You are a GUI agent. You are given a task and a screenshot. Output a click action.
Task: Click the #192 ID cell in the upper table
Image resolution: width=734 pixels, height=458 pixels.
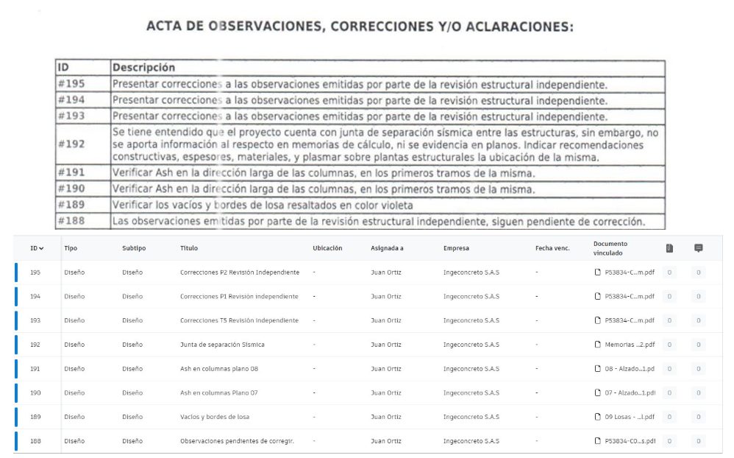(71, 144)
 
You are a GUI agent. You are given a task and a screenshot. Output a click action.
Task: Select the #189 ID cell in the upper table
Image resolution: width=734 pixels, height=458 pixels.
(71, 204)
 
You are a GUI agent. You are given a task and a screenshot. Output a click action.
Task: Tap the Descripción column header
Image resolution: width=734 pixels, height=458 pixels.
(143, 68)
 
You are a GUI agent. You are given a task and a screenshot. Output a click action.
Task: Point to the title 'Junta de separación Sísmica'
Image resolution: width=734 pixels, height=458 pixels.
(222, 345)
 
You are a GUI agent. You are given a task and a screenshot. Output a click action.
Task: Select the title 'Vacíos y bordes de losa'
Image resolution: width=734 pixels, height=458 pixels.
(215, 417)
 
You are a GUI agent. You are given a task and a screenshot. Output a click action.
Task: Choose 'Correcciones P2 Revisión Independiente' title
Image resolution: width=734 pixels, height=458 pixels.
(240, 272)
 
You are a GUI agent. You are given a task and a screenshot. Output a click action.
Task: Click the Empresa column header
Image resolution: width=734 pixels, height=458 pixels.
(456, 248)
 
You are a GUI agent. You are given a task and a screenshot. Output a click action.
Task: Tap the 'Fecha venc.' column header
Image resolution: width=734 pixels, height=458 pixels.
(552, 248)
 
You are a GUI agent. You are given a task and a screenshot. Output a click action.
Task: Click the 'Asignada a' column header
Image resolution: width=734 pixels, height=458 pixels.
(387, 248)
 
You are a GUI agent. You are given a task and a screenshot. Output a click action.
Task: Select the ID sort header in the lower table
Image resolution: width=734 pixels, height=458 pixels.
(37, 248)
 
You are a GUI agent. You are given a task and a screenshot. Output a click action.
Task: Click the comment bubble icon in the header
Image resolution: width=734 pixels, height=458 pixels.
(698, 248)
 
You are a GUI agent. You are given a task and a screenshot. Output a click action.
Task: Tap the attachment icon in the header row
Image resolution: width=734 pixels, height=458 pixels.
(669, 248)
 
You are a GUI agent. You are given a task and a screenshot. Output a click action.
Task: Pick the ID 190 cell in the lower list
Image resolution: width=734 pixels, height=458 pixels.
(35, 392)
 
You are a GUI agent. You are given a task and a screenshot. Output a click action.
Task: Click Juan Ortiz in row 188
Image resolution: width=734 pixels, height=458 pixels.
(386, 441)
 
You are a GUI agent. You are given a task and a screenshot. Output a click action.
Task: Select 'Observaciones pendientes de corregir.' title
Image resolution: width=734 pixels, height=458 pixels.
(237, 441)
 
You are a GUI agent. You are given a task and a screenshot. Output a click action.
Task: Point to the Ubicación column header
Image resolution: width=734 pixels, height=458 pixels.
(327, 248)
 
